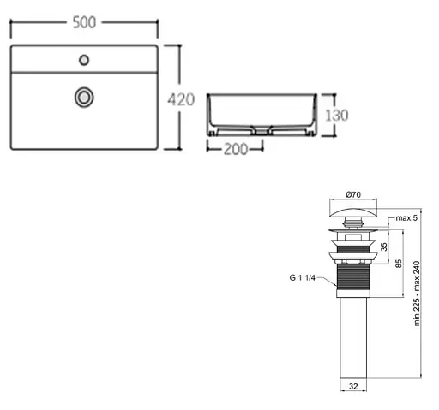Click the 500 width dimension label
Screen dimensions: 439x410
tap(84, 22)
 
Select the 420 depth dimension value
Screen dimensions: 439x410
tap(181, 99)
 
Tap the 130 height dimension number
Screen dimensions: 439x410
tap(337, 116)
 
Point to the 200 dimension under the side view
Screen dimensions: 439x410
tap(236, 149)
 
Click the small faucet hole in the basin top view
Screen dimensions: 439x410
tap(84, 60)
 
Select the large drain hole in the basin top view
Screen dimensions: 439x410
tap(84, 98)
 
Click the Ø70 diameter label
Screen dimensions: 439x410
tap(353, 194)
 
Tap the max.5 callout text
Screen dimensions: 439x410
tap(406, 218)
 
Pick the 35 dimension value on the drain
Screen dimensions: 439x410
tap(384, 247)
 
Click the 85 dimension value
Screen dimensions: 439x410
tap(399, 264)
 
